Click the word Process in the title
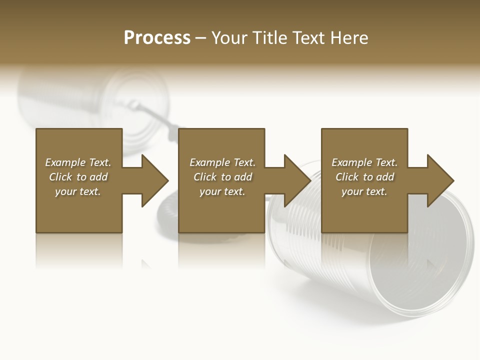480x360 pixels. tap(157, 38)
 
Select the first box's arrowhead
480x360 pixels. tap(152, 180)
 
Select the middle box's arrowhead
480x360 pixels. tap(295, 180)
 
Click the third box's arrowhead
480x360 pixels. tap(438, 180)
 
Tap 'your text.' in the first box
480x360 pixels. tap(78, 191)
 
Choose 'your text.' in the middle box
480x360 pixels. tap(222, 191)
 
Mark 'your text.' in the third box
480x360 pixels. tap(364, 191)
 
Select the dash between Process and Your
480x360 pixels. tap(201, 38)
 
